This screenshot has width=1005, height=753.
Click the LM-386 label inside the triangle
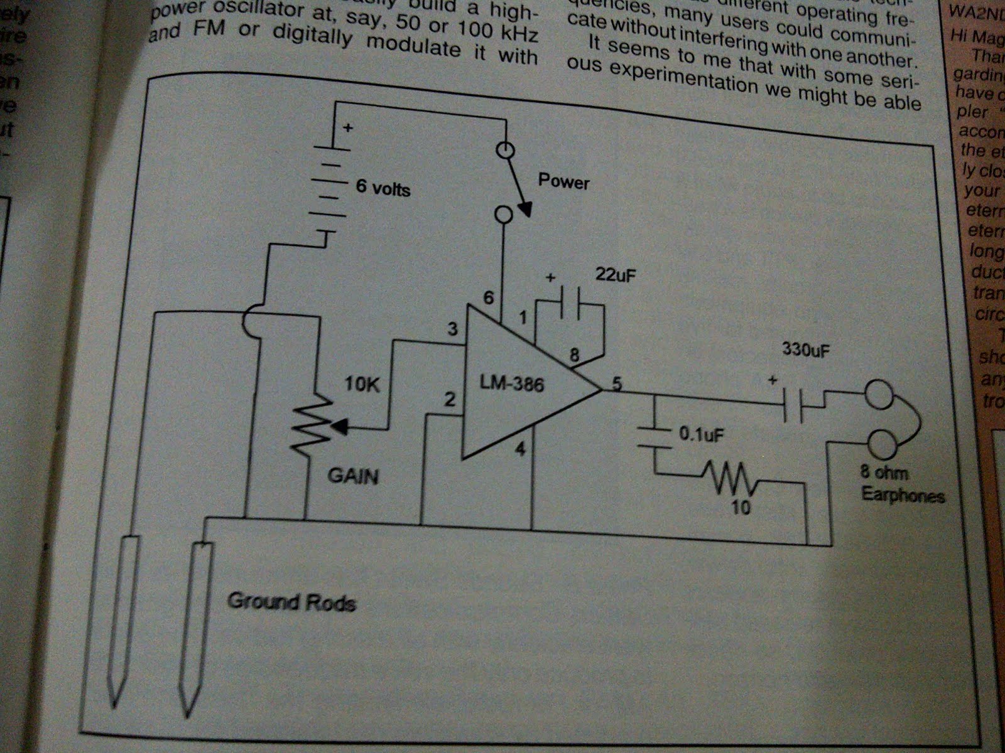(512, 382)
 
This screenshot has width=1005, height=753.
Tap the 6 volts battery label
(383, 187)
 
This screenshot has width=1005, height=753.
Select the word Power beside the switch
(563, 182)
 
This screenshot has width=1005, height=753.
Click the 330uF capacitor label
(806, 350)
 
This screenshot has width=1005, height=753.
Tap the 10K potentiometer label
(362, 383)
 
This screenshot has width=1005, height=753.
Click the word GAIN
(353, 476)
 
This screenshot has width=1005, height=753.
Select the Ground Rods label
(291, 602)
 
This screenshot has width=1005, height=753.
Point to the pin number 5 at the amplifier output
(617, 382)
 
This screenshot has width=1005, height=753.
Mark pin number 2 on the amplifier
(449, 399)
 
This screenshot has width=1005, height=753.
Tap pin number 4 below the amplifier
(520, 449)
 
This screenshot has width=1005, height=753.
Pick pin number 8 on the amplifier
(573, 355)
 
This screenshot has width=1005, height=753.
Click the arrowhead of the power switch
(524, 209)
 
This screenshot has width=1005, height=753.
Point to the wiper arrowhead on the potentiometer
(339, 427)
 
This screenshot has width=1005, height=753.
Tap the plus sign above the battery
(347, 128)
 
